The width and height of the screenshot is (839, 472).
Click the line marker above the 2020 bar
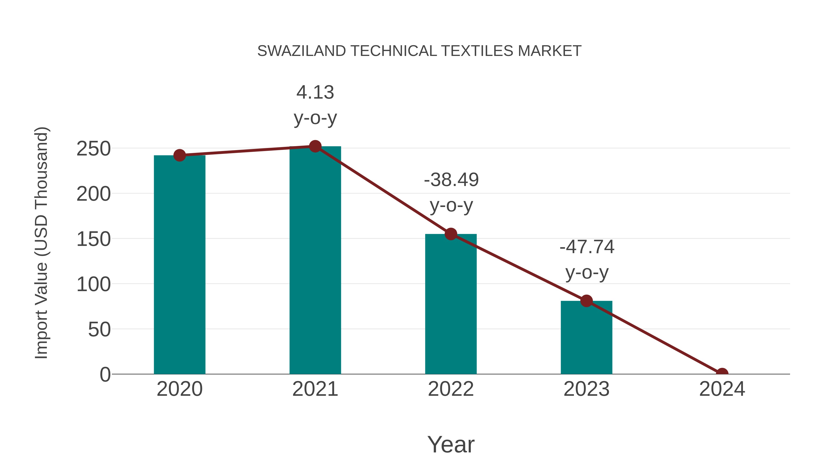(x=179, y=155)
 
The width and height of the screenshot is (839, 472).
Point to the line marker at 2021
(x=315, y=147)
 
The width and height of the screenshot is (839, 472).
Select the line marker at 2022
(x=451, y=234)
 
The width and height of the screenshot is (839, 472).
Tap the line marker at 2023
(x=586, y=301)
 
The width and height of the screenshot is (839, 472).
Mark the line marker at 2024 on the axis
(x=722, y=373)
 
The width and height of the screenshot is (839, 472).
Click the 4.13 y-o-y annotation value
(x=315, y=93)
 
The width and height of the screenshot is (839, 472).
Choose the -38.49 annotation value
(x=451, y=180)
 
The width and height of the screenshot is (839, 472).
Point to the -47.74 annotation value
(x=587, y=247)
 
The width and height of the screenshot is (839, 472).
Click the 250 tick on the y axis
(x=93, y=149)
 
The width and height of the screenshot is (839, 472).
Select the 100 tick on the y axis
(x=93, y=285)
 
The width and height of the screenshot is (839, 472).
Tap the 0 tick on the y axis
(x=105, y=375)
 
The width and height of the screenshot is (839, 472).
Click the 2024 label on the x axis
(x=722, y=389)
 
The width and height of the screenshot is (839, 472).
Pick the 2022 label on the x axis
(x=451, y=389)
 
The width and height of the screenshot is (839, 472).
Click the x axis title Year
(x=451, y=445)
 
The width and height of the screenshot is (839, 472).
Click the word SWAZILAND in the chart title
(x=301, y=51)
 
